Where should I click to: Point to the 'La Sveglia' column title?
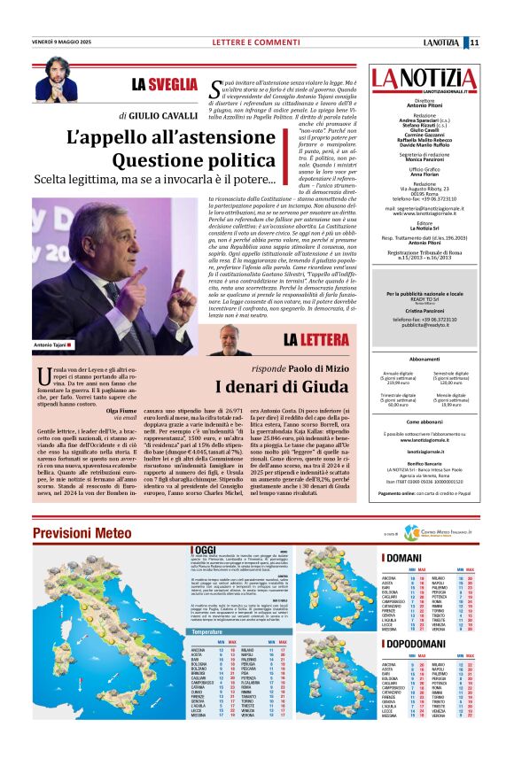pos(165,84)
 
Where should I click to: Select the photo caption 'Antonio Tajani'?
pos(51,344)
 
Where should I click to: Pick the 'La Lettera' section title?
pos(321,339)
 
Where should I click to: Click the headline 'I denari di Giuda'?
pos(281,387)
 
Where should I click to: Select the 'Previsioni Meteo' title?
pos(87,532)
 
